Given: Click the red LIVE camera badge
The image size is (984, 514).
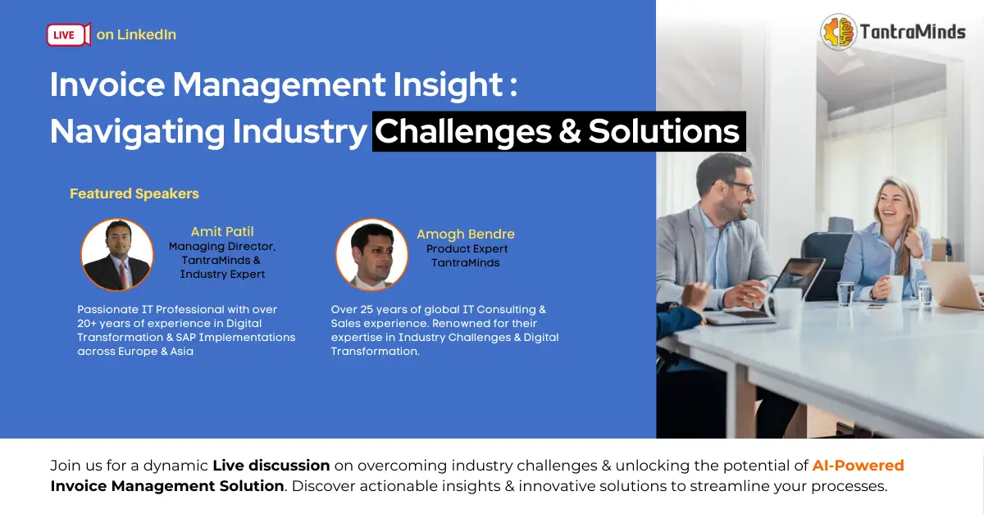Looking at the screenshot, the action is tap(69, 34).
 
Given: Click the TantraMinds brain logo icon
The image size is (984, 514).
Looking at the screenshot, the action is tap(839, 32).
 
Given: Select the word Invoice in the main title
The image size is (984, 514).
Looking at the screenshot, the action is tap(107, 84).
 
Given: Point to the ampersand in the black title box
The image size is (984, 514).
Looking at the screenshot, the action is tap(570, 131).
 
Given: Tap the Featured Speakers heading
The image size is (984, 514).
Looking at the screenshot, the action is tap(134, 193).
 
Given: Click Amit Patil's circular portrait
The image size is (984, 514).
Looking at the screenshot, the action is tap(116, 255).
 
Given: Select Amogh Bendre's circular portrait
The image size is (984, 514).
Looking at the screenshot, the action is tap(371, 255).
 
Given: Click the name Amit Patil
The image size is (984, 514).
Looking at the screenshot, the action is tap(222, 231).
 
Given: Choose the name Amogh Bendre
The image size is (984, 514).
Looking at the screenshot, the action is tap(466, 234).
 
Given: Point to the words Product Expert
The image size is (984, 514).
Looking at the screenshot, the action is tap(467, 249).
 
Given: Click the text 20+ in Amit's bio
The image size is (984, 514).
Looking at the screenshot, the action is tap(87, 324).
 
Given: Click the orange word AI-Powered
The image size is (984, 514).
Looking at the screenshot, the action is tap(858, 466).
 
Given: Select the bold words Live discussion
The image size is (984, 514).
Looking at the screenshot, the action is tap(271, 466).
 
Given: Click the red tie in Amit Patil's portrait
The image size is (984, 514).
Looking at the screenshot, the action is tap(125, 274).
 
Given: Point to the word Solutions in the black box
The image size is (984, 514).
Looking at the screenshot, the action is tap(663, 131).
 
